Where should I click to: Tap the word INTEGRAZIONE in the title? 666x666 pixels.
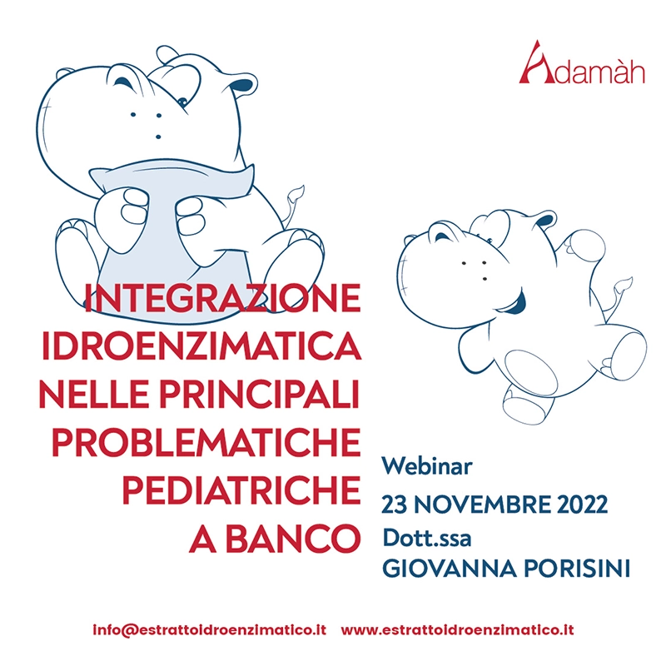[x=222, y=298]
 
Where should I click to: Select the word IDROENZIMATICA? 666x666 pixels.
[x=201, y=345]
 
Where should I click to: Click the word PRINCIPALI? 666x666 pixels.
[x=260, y=394]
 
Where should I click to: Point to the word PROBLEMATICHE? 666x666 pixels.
[x=206, y=443]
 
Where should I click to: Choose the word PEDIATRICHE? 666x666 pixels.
[x=241, y=490]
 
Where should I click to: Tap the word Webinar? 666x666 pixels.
[x=427, y=466]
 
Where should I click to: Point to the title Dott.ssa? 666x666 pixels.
[x=427, y=538]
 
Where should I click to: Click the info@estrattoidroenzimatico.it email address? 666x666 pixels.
[x=210, y=630]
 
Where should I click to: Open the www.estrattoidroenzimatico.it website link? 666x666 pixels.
[x=457, y=629]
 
